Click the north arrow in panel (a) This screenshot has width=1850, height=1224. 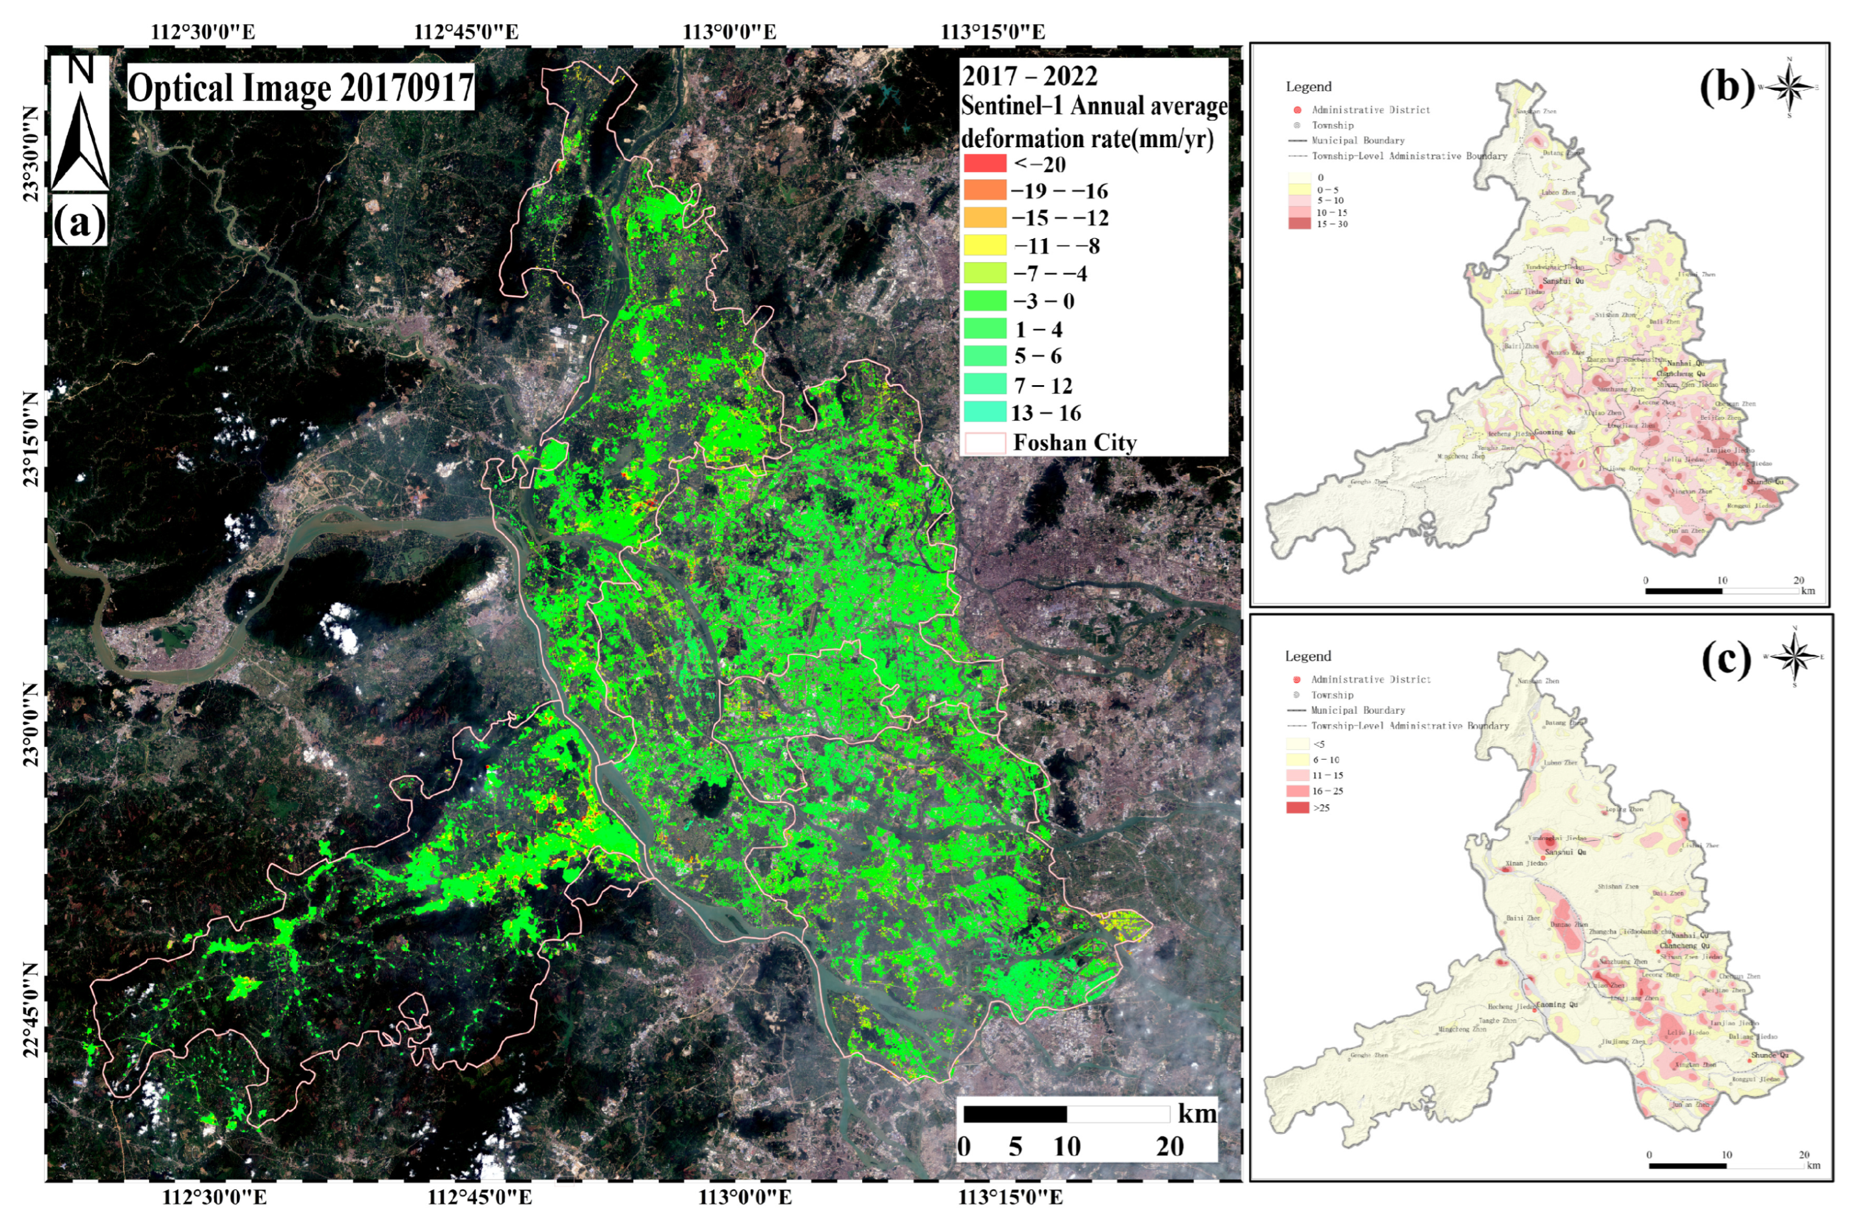[x=80, y=125]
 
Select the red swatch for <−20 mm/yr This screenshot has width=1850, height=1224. [x=985, y=164]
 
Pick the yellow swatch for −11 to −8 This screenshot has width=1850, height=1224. [x=985, y=246]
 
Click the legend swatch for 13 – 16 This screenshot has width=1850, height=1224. [x=985, y=412]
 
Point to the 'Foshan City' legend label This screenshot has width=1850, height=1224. [x=1074, y=443]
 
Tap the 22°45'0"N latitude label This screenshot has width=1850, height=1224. [x=31, y=1011]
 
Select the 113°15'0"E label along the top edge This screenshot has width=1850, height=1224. [x=992, y=32]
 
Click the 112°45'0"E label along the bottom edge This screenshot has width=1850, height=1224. [x=479, y=1197]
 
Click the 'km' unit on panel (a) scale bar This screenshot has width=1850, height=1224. [x=1197, y=1113]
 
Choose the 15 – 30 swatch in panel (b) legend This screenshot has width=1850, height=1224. [x=1299, y=224]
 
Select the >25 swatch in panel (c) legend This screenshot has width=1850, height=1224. [x=1298, y=808]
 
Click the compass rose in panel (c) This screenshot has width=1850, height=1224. [x=1795, y=656]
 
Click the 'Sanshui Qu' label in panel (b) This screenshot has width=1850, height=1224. [x=1563, y=281]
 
